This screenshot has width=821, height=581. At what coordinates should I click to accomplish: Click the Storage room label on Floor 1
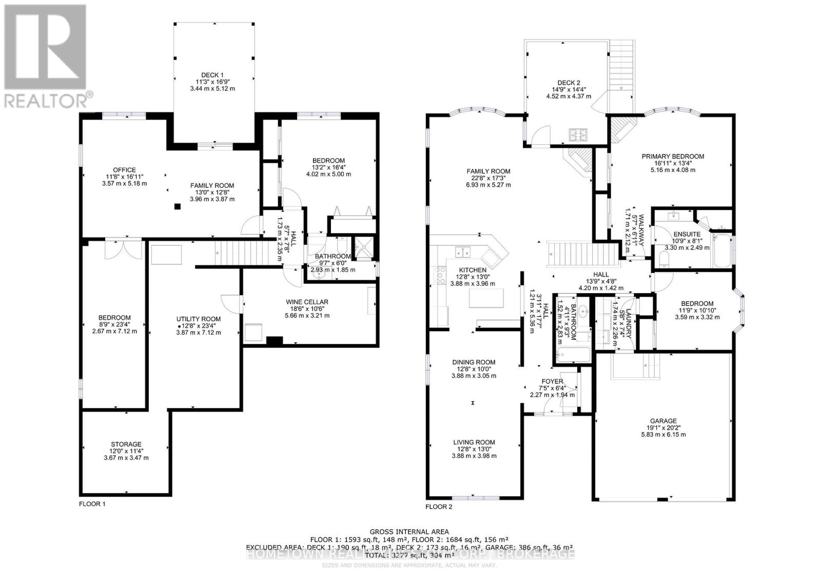(x=126, y=444)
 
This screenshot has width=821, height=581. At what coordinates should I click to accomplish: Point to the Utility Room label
(x=198, y=319)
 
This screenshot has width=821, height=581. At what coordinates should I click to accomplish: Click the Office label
(x=124, y=170)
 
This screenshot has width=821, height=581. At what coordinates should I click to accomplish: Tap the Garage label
(x=663, y=421)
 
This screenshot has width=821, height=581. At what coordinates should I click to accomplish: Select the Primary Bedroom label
(x=673, y=157)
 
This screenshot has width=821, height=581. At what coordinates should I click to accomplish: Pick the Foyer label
(x=552, y=381)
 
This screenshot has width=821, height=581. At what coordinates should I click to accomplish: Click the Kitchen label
(x=473, y=270)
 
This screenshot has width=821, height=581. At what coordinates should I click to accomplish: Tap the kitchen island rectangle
(x=486, y=298)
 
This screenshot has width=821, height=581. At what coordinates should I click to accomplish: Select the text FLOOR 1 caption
(x=92, y=504)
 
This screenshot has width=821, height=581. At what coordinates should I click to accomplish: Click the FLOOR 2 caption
(x=439, y=507)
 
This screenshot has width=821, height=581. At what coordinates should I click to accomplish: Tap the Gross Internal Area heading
(x=409, y=532)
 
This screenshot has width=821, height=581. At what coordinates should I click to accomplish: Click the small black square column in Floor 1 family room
(x=177, y=207)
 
